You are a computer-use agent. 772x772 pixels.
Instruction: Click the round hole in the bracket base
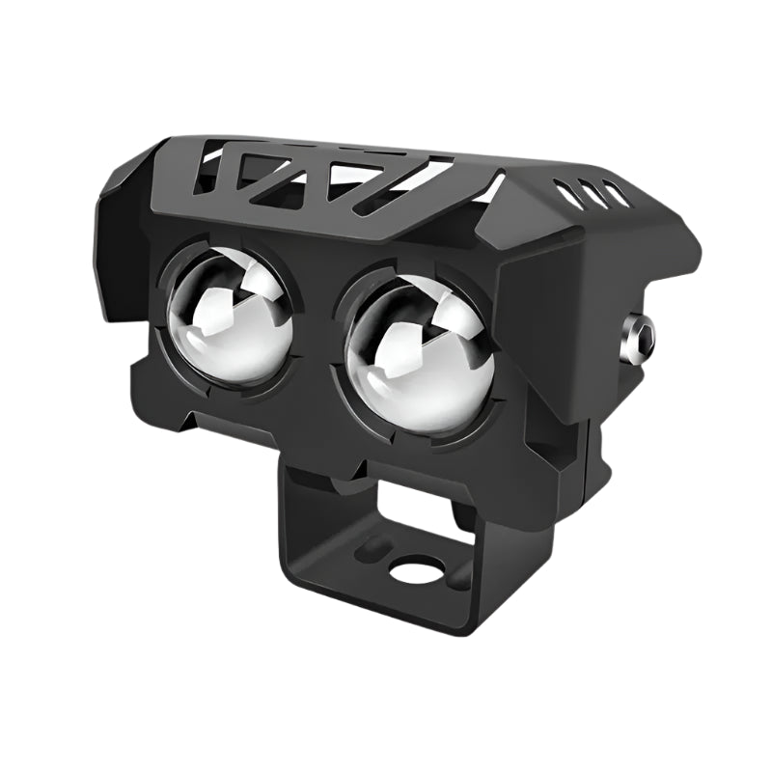click(x=417, y=571)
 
